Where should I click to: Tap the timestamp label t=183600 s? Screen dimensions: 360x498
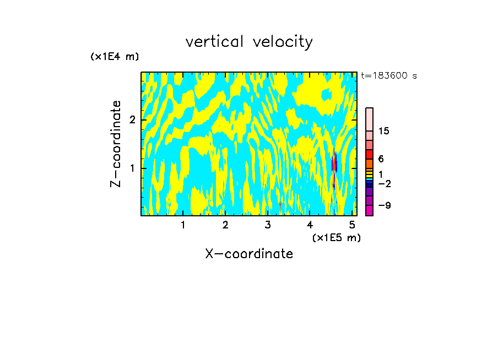click(x=389, y=76)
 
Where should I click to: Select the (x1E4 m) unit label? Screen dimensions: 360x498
click(x=115, y=57)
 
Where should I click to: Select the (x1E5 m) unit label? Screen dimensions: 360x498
click(x=336, y=237)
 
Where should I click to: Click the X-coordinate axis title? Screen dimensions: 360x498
click(x=249, y=254)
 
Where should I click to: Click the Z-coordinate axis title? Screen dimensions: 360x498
click(x=116, y=144)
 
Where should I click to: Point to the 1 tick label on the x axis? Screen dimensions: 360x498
click(x=183, y=225)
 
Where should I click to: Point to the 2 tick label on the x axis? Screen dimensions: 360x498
click(x=225, y=225)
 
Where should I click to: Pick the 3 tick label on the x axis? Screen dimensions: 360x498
click(x=268, y=225)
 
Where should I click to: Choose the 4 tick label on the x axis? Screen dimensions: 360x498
click(x=310, y=225)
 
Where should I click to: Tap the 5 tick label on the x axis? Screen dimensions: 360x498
click(x=352, y=225)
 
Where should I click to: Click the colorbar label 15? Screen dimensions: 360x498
click(x=385, y=131)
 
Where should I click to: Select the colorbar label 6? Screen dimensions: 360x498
click(x=381, y=159)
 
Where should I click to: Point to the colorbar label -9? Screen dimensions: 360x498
click(x=385, y=205)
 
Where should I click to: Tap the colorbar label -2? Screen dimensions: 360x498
click(x=385, y=183)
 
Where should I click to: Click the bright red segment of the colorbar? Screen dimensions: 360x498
click(x=370, y=155)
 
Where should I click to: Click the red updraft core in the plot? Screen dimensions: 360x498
click(x=334, y=163)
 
